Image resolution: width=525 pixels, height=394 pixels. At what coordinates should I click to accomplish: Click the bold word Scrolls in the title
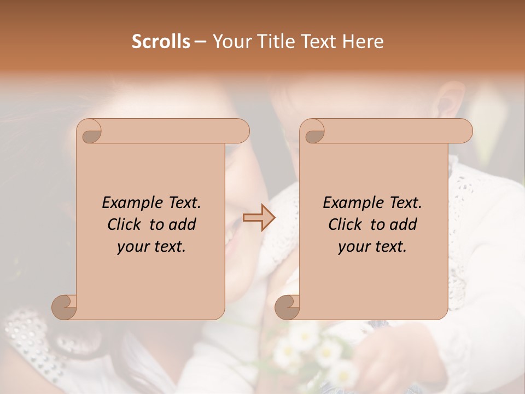pyautogui.click(x=161, y=42)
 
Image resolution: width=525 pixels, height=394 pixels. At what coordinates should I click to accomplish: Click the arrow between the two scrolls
pyautogui.click(x=259, y=218)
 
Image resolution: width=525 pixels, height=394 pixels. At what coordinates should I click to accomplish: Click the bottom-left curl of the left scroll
pyautogui.click(x=64, y=306)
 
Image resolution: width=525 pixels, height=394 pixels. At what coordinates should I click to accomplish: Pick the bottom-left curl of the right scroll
pyautogui.click(x=287, y=306)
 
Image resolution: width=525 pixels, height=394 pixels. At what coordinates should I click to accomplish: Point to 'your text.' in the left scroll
pyautogui.click(x=151, y=247)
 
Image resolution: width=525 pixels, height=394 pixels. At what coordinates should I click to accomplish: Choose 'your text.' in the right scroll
pyautogui.click(x=372, y=247)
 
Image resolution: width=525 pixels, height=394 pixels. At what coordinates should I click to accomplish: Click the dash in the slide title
pyautogui.click(x=200, y=42)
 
